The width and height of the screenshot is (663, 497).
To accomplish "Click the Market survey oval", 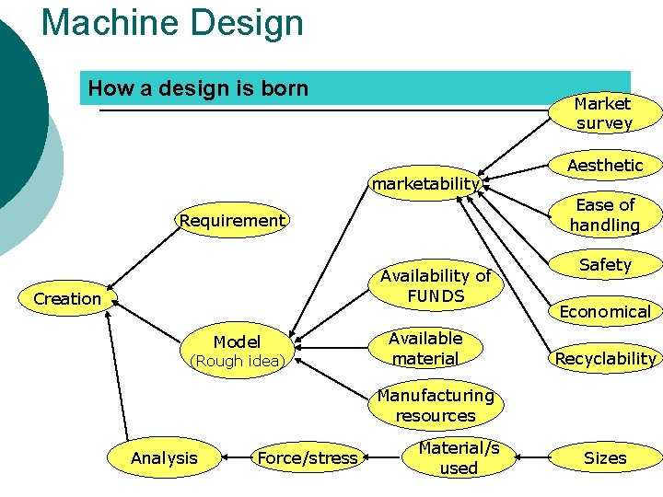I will pos(603,113).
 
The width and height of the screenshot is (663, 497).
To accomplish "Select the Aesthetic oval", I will pos(605,166).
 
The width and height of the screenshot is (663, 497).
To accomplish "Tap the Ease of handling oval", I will pos(605,215).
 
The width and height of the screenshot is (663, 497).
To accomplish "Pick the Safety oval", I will pos(605,265).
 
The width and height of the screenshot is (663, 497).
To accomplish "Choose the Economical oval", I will pos(605,311).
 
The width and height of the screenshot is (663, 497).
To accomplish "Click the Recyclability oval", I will pos(605,358).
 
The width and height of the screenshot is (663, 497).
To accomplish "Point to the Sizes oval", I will pos(605,457).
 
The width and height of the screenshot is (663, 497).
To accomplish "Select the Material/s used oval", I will pos(459,457).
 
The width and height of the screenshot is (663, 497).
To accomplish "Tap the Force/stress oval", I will pos(308,457).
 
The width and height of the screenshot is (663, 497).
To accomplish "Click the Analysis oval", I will pos(165,457).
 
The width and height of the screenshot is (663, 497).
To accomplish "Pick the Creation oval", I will pos(67,299).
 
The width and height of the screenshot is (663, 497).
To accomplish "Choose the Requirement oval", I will pos(232,221).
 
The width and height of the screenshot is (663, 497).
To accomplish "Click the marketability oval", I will pos(425,184).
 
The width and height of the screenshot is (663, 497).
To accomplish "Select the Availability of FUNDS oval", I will pos(436,286).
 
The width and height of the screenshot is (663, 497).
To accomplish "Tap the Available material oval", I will pos(425,349).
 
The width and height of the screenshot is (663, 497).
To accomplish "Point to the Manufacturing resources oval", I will pos(436,405).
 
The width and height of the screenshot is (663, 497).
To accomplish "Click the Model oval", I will pos(238,341).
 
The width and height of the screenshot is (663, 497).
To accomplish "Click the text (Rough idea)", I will pos(238,362).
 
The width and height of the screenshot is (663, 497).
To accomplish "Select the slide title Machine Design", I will pos(172,22).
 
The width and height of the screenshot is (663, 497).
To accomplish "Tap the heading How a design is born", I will pos(198,88).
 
